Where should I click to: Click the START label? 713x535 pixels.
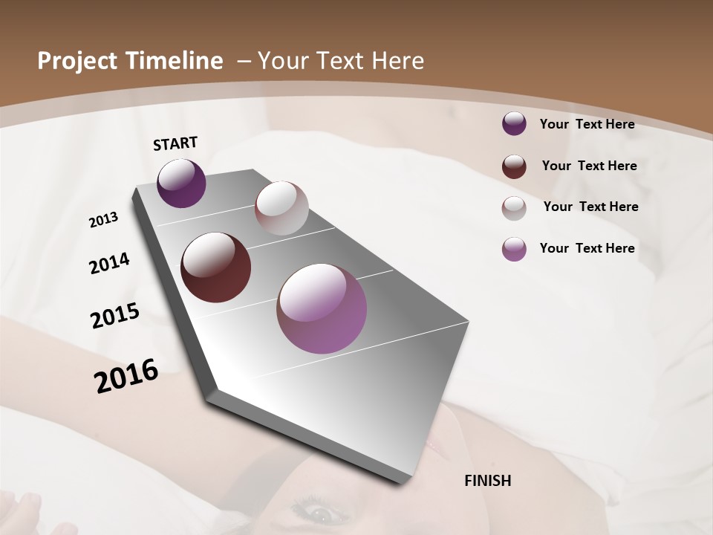pos(175,143)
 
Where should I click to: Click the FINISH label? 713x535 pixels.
pos(487,481)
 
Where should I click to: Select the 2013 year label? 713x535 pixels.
pos(103,220)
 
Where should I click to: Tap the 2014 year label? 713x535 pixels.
pos(109,264)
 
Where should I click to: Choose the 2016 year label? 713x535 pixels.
pos(126,376)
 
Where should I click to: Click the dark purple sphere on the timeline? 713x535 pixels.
pos(181,184)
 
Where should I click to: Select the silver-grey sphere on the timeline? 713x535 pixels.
pos(281,208)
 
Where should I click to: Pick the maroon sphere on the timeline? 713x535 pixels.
pos(215,267)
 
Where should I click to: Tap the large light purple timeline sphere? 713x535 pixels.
pos(322,308)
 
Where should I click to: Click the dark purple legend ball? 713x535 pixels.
pos(514,123)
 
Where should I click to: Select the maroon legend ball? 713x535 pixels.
pos(514,166)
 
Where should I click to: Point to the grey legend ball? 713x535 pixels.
pos(514,207)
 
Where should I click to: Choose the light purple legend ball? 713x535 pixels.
pos(514,249)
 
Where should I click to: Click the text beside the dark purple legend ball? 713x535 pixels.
pos(587,125)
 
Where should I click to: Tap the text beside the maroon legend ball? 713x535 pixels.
pos(589,166)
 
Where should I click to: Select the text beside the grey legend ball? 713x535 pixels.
pos(590,207)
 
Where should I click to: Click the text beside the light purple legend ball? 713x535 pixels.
pos(587,248)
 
